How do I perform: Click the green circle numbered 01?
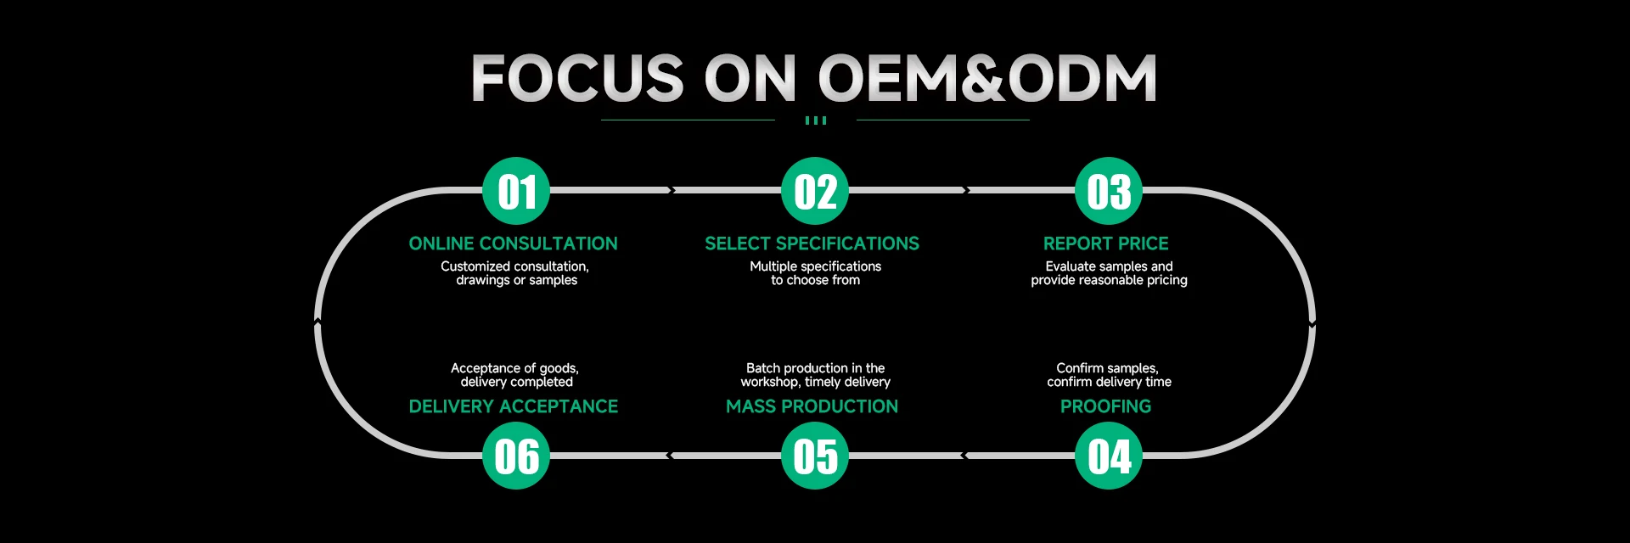[x=516, y=191]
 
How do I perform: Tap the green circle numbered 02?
[x=815, y=191]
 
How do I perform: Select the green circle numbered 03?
[x=1109, y=191]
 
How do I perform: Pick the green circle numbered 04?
[x=1109, y=456]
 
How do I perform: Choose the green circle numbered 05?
[x=815, y=456]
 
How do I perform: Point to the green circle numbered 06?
[x=516, y=456]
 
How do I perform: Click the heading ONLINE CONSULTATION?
[x=514, y=244]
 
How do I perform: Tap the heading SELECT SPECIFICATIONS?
[x=812, y=244]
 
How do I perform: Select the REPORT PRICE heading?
[x=1106, y=244]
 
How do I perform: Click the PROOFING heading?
[x=1106, y=406]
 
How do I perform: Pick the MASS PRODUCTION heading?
[x=812, y=406]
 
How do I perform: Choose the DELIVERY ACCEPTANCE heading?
[x=514, y=406]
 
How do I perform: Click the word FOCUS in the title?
[x=577, y=78]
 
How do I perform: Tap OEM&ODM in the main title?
[x=987, y=78]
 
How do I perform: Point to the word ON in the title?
[x=750, y=78]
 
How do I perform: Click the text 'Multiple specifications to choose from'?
[x=816, y=273]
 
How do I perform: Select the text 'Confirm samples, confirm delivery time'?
[x=1109, y=375]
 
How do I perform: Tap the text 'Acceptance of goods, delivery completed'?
[x=515, y=375]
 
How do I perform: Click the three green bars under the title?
[x=815, y=120]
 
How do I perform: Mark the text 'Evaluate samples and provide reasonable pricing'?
[x=1109, y=273]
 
